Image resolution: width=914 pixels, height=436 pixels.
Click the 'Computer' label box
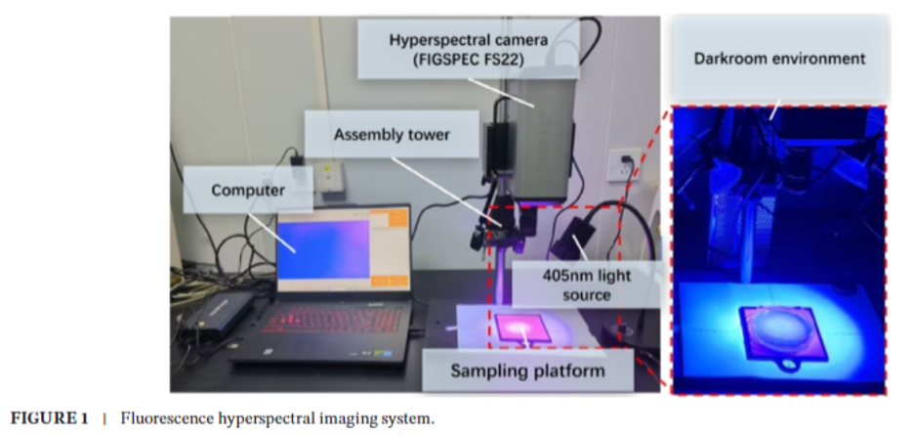[247, 191]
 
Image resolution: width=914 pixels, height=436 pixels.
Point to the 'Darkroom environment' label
[778, 59]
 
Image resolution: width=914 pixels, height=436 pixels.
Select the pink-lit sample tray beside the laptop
[525, 327]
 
